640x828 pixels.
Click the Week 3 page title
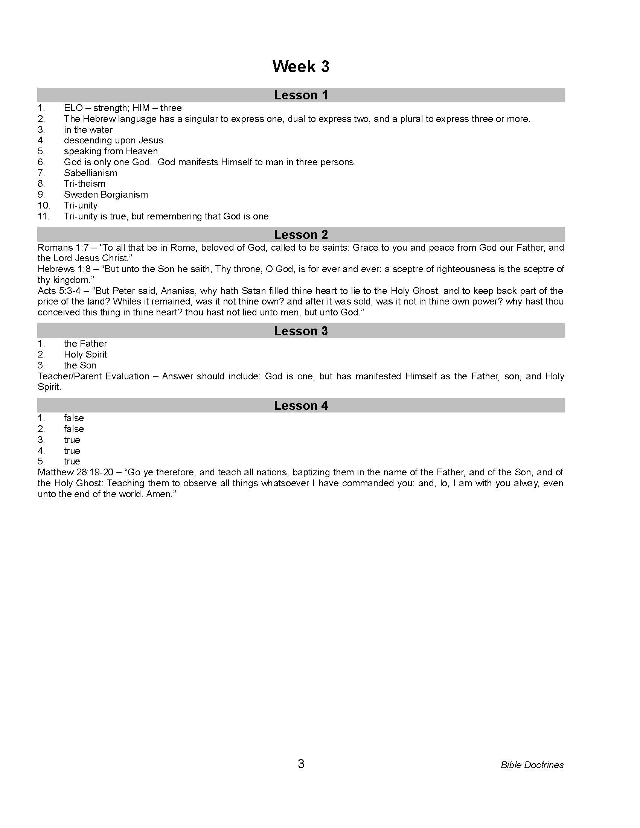pyautogui.click(x=301, y=66)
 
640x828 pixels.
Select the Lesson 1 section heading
pyautogui.click(x=301, y=95)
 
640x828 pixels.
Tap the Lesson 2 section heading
pyautogui.click(x=301, y=235)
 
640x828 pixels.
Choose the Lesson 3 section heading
pyautogui.click(x=301, y=331)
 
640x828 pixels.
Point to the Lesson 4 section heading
pyautogui.click(x=301, y=406)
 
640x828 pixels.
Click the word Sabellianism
pyautogui.click(x=91, y=173)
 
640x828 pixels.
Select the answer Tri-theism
pyautogui.click(x=85, y=184)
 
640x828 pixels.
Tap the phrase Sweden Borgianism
pyautogui.click(x=106, y=195)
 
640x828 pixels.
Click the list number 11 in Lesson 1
pyautogui.click(x=44, y=216)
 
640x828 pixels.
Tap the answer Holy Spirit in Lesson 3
pyautogui.click(x=85, y=355)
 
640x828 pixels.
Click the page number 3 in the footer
pyautogui.click(x=301, y=764)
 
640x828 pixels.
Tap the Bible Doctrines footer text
pyautogui.click(x=532, y=765)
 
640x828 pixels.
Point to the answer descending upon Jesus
pyautogui.click(x=113, y=140)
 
